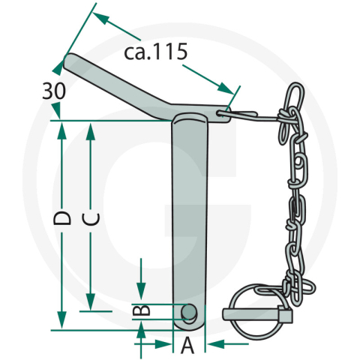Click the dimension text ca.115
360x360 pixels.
(x=154, y=54)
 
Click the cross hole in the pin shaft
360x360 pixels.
(x=190, y=311)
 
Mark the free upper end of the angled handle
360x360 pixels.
(x=69, y=58)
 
